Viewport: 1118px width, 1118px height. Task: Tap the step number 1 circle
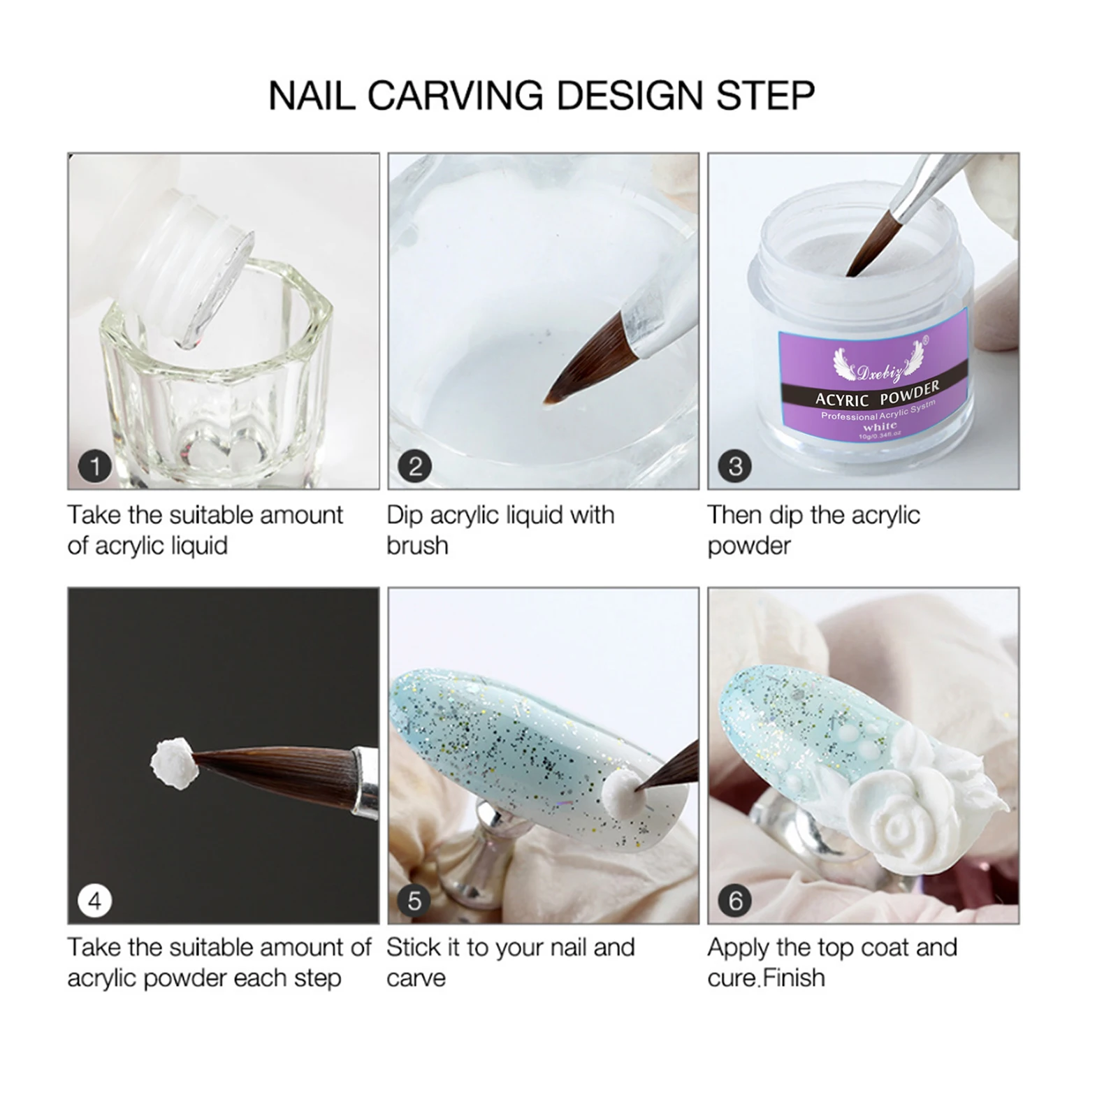point(95,466)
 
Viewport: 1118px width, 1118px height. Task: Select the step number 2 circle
point(415,466)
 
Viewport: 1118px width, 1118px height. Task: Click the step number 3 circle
point(735,466)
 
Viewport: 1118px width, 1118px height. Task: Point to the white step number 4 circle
point(95,901)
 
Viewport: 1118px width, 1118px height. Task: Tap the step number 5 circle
point(415,901)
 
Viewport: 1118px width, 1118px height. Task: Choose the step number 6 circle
point(735,901)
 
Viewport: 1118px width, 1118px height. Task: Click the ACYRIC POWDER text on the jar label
point(878,394)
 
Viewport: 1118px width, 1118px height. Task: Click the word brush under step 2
point(417,546)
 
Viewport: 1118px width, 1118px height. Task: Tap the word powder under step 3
point(748,546)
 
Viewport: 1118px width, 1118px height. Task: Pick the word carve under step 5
point(416,978)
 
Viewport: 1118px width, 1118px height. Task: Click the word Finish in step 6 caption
point(794,978)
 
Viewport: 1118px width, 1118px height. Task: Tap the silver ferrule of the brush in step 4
point(365,781)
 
